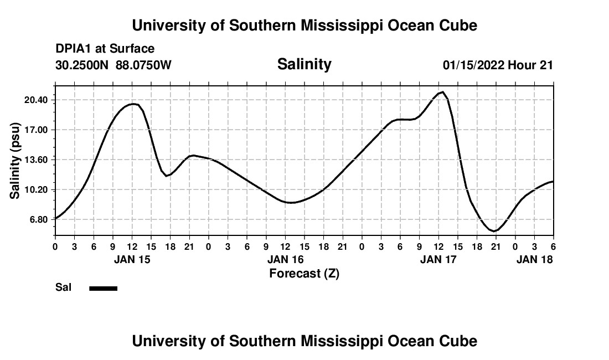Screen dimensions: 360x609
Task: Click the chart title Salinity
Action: tap(304, 64)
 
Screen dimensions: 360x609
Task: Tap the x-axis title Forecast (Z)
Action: tap(304, 273)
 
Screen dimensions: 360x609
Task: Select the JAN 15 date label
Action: tap(132, 259)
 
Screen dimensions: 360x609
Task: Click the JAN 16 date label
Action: tap(286, 259)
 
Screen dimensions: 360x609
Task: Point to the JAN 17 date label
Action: tap(439, 259)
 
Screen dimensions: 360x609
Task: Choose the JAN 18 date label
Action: tap(534, 259)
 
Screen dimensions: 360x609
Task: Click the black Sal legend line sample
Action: tap(104, 288)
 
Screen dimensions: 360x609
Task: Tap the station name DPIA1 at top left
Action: tap(74, 49)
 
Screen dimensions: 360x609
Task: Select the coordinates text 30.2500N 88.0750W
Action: tap(113, 65)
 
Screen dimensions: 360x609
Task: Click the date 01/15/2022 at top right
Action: tap(473, 65)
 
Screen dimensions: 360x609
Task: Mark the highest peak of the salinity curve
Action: tap(442, 92)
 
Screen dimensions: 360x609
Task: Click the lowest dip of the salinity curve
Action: tap(494, 230)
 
